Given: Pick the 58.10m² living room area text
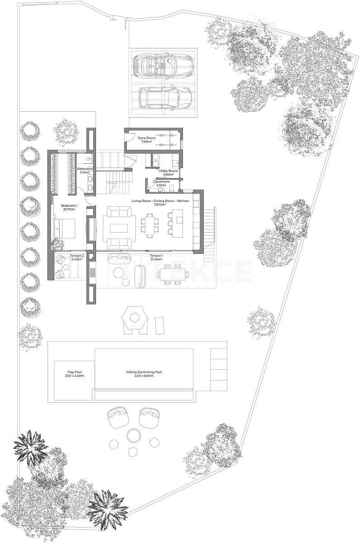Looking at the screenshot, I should [x=158, y=205].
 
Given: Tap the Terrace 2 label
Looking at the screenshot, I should [x=76, y=257].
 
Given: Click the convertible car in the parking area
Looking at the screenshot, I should [x=163, y=66].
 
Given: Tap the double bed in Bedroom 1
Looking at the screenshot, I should [x=65, y=228].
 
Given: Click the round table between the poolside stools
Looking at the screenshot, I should [x=134, y=435].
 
